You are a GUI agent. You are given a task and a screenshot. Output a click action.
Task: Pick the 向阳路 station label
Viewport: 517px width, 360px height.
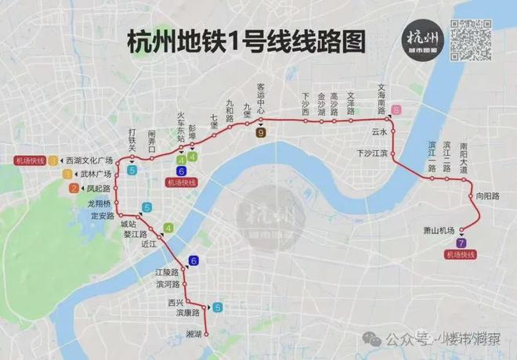pyautogui.click(x=486, y=196)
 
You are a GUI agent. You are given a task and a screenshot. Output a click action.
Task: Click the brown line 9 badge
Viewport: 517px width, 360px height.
pyautogui.click(x=261, y=133)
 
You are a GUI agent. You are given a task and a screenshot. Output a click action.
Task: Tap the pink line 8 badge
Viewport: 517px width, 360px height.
pyautogui.click(x=396, y=110)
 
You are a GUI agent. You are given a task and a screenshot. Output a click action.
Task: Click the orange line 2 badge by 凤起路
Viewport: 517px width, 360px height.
pyautogui.click(x=74, y=188)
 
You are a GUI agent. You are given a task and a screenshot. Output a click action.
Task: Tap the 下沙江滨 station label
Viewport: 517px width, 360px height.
pyautogui.click(x=372, y=153)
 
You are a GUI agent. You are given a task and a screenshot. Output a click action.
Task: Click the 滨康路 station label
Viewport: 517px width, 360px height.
pyautogui.click(x=189, y=312)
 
